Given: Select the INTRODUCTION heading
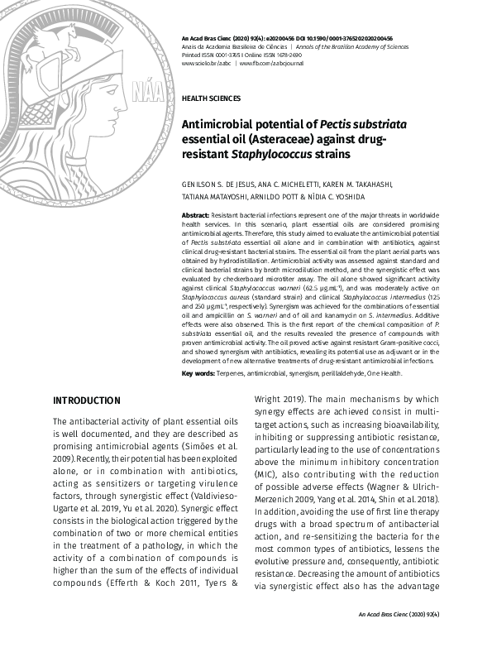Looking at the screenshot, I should point(86,400).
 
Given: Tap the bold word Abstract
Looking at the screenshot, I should point(195,214).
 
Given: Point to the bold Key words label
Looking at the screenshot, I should point(198,374).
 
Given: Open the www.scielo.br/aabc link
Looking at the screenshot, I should point(206,63).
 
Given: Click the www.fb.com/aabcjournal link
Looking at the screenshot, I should point(271,63).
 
